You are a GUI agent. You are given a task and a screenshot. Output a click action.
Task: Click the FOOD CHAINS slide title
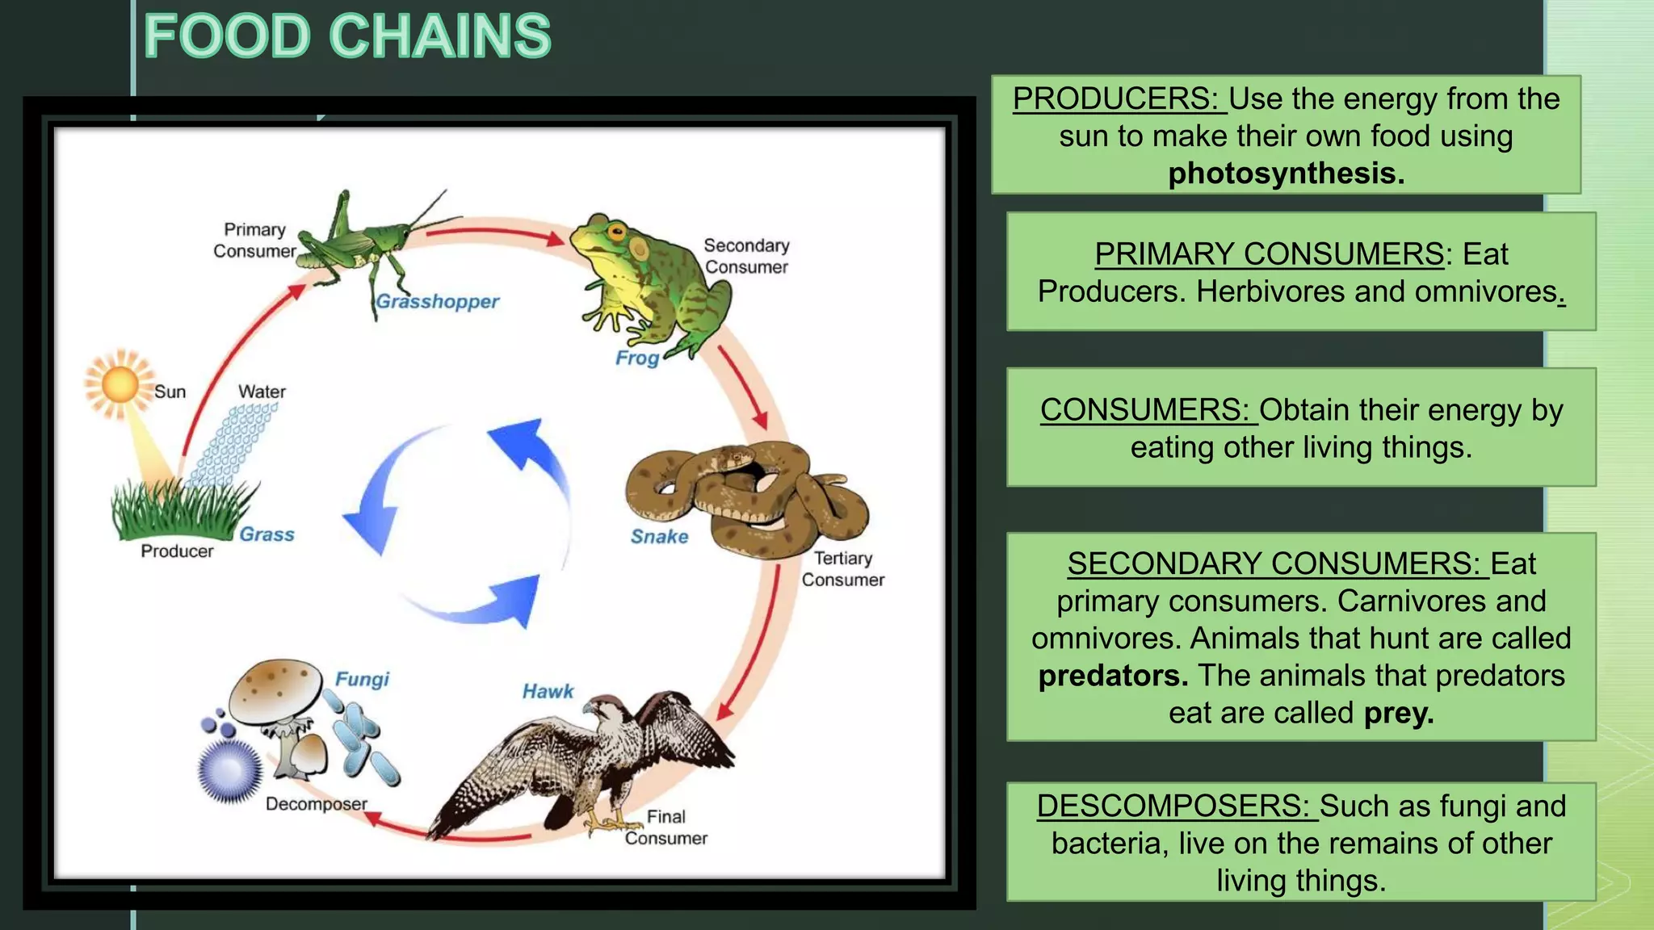tap(347, 37)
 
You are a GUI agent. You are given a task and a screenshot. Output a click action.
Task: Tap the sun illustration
tap(120, 384)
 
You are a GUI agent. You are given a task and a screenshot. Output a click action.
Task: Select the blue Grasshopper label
tap(438, 302)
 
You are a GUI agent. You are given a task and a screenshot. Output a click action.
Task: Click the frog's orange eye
tap(617, 234)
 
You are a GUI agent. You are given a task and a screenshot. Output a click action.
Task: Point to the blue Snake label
tap(659, 537)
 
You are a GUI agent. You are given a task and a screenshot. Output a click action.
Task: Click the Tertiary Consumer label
tap(842, 569)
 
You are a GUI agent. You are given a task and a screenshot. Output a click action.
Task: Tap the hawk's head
tap(602, 710)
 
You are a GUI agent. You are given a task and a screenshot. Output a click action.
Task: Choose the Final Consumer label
tap(666, 827)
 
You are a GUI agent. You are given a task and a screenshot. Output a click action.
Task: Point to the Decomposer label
tap(316, 804)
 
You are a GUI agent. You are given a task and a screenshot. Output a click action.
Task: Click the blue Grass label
tap(267, 534)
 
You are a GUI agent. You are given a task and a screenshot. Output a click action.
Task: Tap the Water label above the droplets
tap(262, 392)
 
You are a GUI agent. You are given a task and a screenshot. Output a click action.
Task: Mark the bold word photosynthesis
tap(1286, 174)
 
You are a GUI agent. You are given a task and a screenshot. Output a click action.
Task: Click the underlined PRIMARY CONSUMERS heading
tap(1269, 254)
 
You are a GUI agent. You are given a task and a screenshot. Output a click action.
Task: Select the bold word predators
tap(1113, 676)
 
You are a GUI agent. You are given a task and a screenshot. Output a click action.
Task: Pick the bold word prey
tap(1399, 714)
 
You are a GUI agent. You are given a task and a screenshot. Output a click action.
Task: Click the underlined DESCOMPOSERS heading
tap(1177, 806)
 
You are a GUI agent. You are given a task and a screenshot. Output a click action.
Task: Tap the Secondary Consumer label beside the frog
tap(746, 256)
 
